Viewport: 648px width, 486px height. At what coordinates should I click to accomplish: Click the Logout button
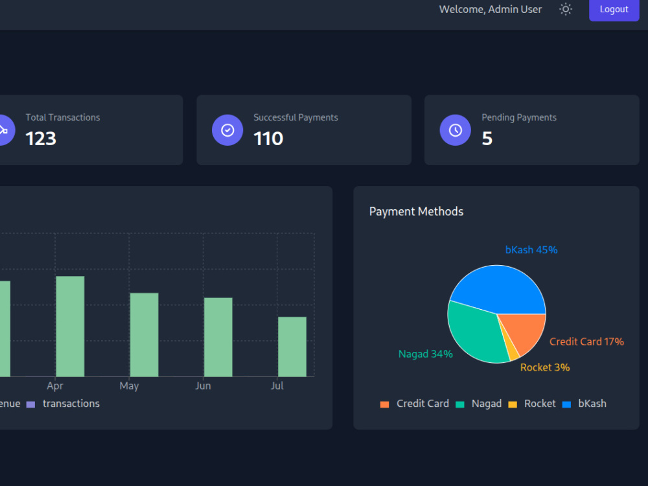(614, 10)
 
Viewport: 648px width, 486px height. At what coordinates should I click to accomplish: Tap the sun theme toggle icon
(565, 9)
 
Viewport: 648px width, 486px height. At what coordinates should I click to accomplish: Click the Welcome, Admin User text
(490, 9)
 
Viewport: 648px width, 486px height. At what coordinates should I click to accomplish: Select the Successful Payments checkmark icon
(227, 130)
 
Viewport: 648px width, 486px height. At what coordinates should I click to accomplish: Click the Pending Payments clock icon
(456, 130)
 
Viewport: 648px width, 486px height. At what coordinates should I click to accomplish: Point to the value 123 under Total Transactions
(40, 139)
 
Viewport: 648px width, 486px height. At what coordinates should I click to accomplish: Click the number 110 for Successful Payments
(268, 139)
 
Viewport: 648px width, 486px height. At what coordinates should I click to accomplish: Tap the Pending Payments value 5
(487, 139)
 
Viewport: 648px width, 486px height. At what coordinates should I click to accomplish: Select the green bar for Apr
(70, 327)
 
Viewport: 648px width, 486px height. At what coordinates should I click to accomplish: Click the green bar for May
(145, 335)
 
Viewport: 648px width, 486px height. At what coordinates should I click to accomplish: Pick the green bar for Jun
(218, 337)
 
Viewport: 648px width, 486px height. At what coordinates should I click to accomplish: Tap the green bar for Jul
(292, 347)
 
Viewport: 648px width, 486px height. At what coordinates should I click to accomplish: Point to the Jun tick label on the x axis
(203, 386)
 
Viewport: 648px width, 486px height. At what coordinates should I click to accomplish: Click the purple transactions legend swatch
(30, 404)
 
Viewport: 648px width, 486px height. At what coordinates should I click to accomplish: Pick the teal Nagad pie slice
(475, 335)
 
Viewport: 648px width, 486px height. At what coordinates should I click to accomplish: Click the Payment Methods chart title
(416, 212)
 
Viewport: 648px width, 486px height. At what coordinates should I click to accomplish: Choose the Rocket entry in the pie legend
(532, 404)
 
